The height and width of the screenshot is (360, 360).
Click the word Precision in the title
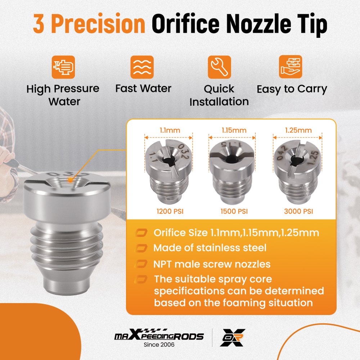pos(98,24)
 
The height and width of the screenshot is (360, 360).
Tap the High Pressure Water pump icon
pos(63,67)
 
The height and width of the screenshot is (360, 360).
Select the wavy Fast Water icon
pos(142,67)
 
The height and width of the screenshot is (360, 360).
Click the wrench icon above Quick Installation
pos(219,67)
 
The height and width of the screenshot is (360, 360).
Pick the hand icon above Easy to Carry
pos(291,67)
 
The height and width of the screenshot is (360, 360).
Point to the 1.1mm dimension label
pos(170,130)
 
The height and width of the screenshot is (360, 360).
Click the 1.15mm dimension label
pos(234,130)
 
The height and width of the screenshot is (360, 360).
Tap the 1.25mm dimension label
pos(298,130)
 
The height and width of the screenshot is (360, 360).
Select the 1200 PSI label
pos(170,211)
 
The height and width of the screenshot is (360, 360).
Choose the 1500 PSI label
pos(234,211)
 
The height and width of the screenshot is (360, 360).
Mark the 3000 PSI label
pos(298,211)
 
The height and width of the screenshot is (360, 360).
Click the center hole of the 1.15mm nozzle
pos(232,159)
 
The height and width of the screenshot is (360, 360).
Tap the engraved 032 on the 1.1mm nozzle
pos(184,150)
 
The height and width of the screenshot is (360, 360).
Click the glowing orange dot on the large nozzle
pos(71,180)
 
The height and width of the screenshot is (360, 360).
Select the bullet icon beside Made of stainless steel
pos(141,248)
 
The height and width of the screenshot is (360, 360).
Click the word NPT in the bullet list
pos(162,264)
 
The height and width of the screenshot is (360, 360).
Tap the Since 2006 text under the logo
pos(159,345)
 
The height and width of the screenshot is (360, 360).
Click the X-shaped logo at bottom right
pos(233,337)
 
